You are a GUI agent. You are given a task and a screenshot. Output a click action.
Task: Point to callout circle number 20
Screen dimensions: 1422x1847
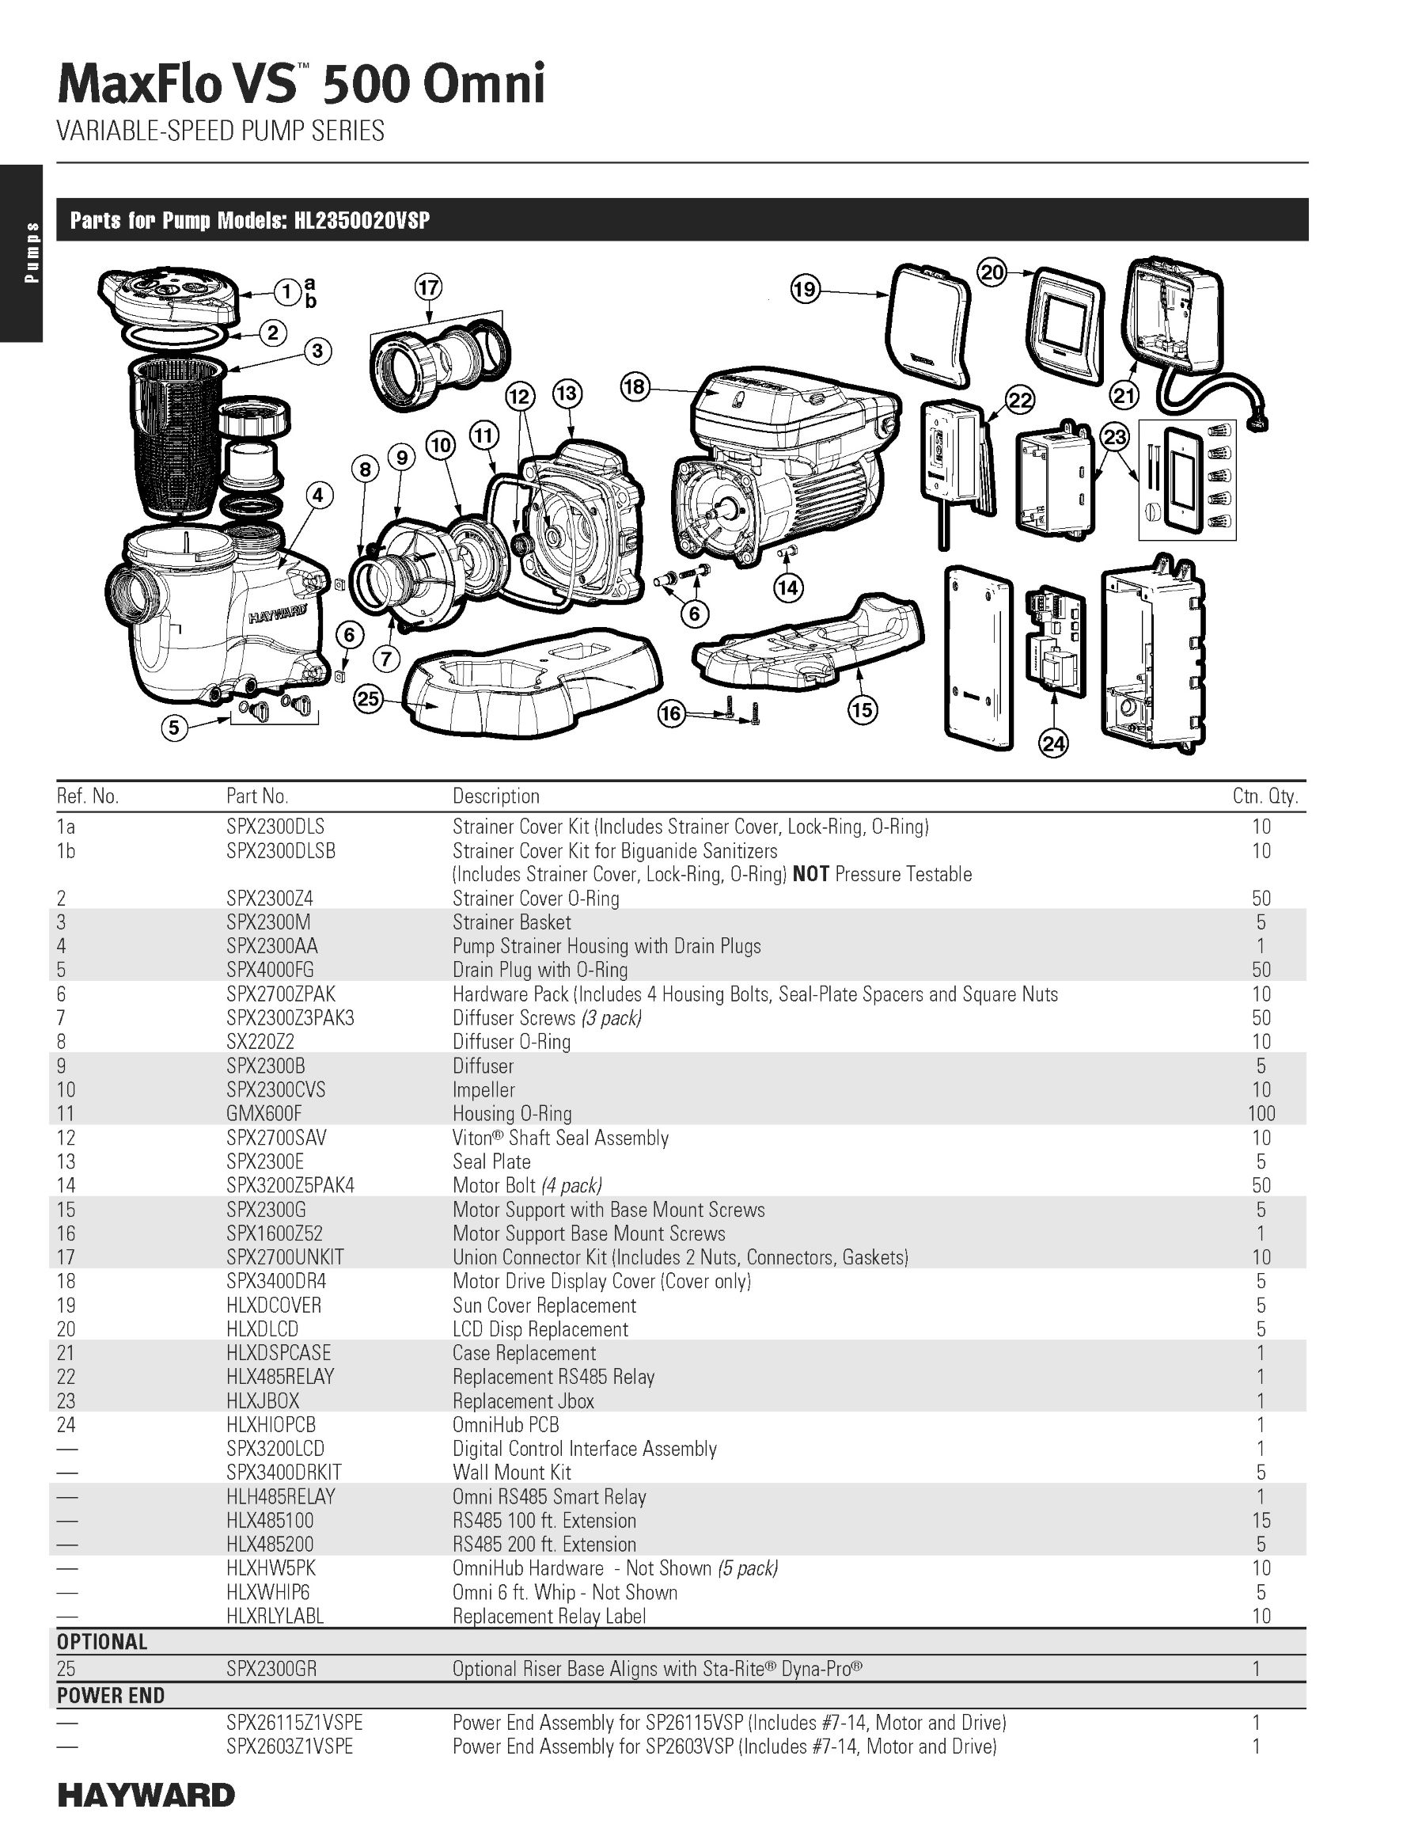click(x=992, y=272)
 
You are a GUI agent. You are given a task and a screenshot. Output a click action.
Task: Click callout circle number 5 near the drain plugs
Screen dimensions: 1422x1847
click(x=174, y=728)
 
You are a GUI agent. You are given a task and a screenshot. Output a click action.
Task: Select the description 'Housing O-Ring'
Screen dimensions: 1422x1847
click(x=511, y=1114)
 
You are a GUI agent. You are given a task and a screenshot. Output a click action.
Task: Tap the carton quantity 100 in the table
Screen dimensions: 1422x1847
click(x=1261, y=1114)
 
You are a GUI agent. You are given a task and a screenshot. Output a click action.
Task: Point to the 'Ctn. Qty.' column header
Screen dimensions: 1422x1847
click(x=1265, y=796)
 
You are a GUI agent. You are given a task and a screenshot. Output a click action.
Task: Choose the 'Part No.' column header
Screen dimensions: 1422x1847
click(x=257, y=796)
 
